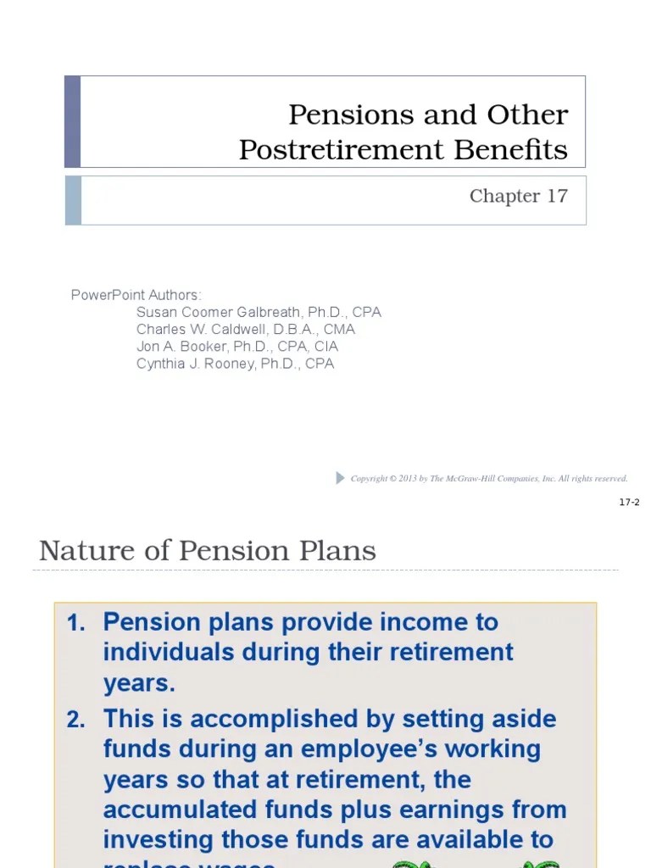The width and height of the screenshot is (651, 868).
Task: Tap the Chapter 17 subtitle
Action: [x=518, y=196]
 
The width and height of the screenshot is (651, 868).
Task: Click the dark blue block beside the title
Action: [x=73, y=121]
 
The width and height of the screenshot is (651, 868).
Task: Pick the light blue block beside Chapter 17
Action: [x=73, y=200]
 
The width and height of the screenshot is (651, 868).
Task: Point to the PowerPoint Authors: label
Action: [x=136, y=295]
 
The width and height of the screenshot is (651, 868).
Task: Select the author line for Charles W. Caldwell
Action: [x=245, y=329]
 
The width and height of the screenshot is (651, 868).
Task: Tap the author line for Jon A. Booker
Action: [x=236, y=346]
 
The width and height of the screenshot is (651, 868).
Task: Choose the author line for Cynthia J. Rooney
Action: [x=235, y=364]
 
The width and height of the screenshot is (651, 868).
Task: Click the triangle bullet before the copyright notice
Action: [x=341, y=478]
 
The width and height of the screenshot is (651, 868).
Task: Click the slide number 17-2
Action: [x=629, y=503]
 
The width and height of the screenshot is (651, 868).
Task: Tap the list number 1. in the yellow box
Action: [x=76, y=623]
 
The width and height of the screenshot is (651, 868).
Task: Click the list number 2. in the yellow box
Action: [x=76, y=720]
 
